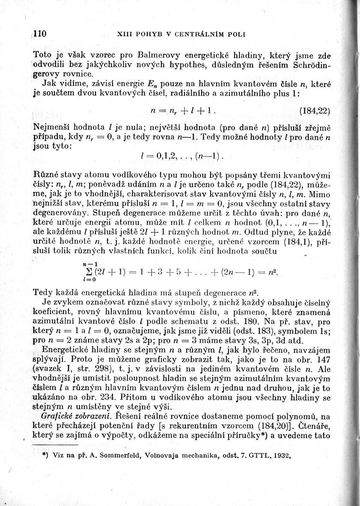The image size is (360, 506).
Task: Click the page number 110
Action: click(39, 34)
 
